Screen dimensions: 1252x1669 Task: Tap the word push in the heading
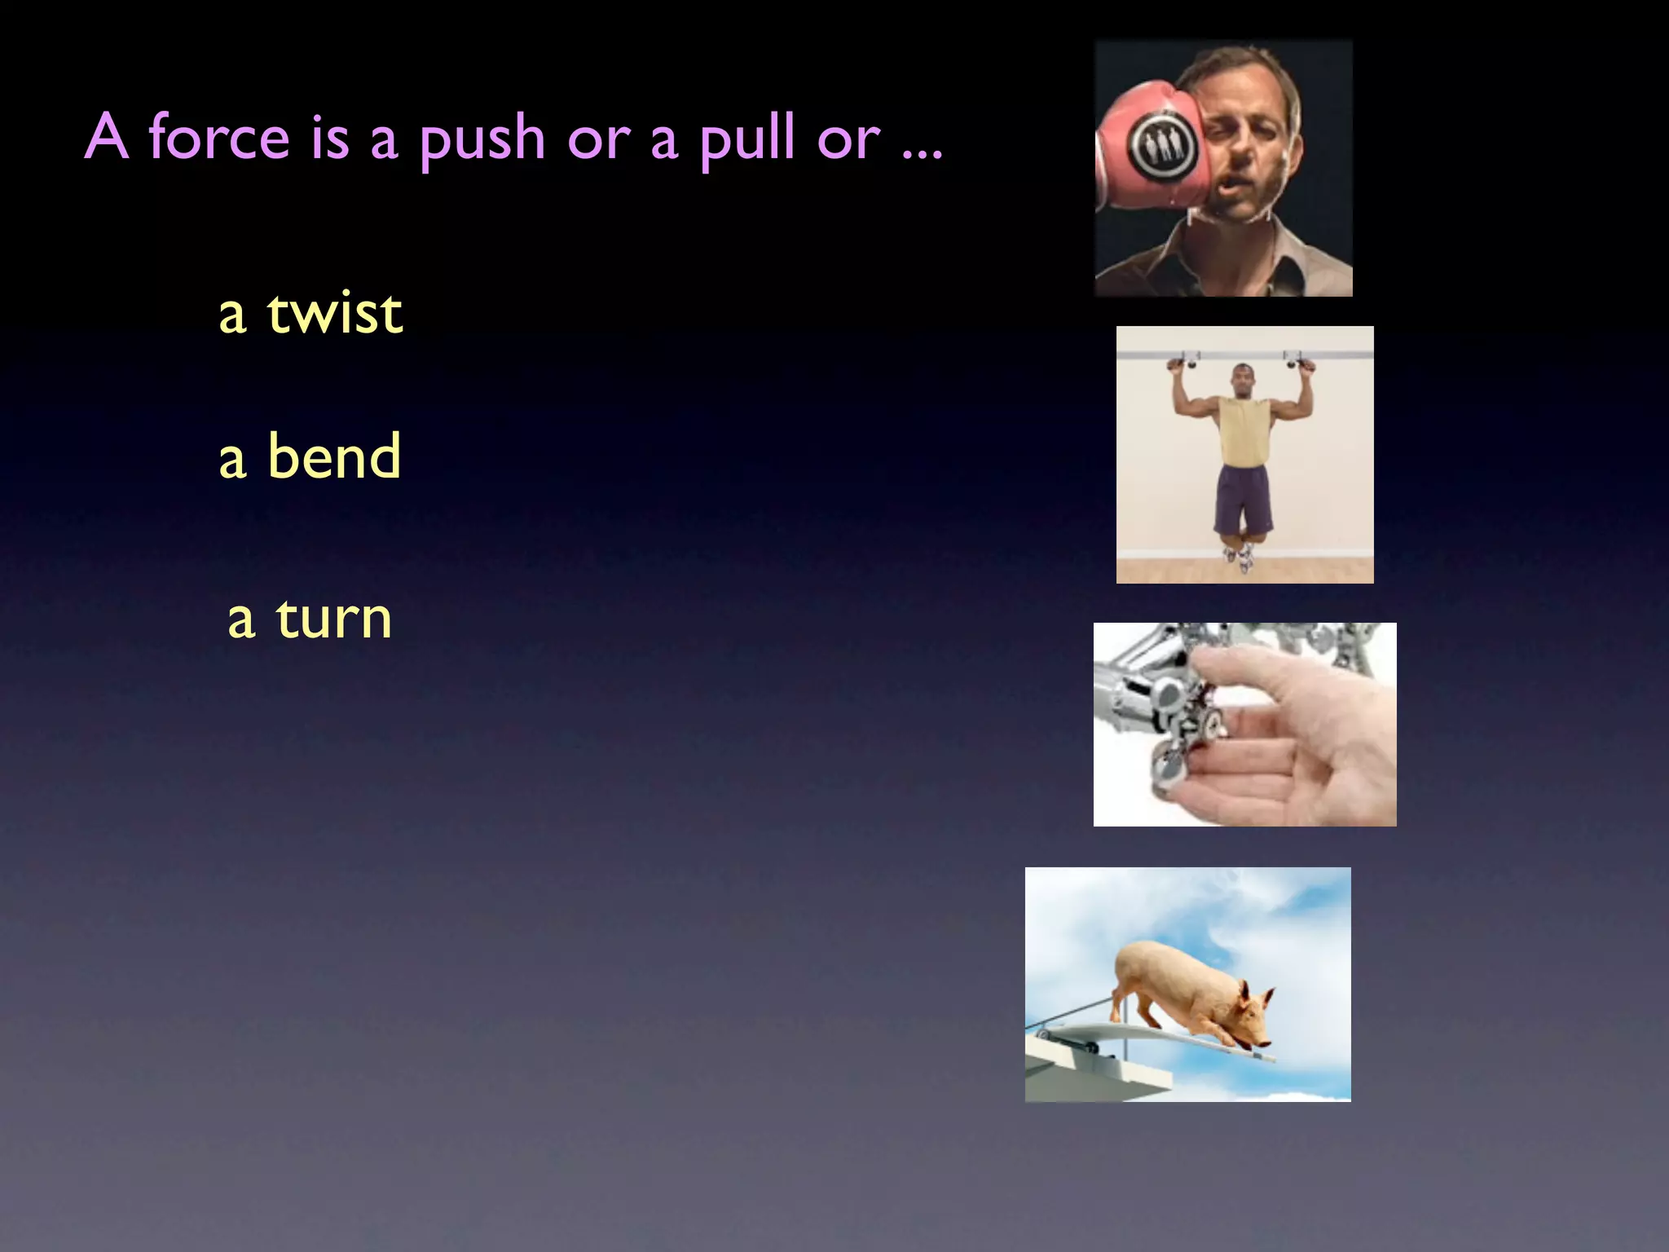(x=482, y=140)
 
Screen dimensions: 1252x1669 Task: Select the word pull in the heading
(x=746, y=139)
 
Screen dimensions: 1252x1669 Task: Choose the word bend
(x=334, y=456)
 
